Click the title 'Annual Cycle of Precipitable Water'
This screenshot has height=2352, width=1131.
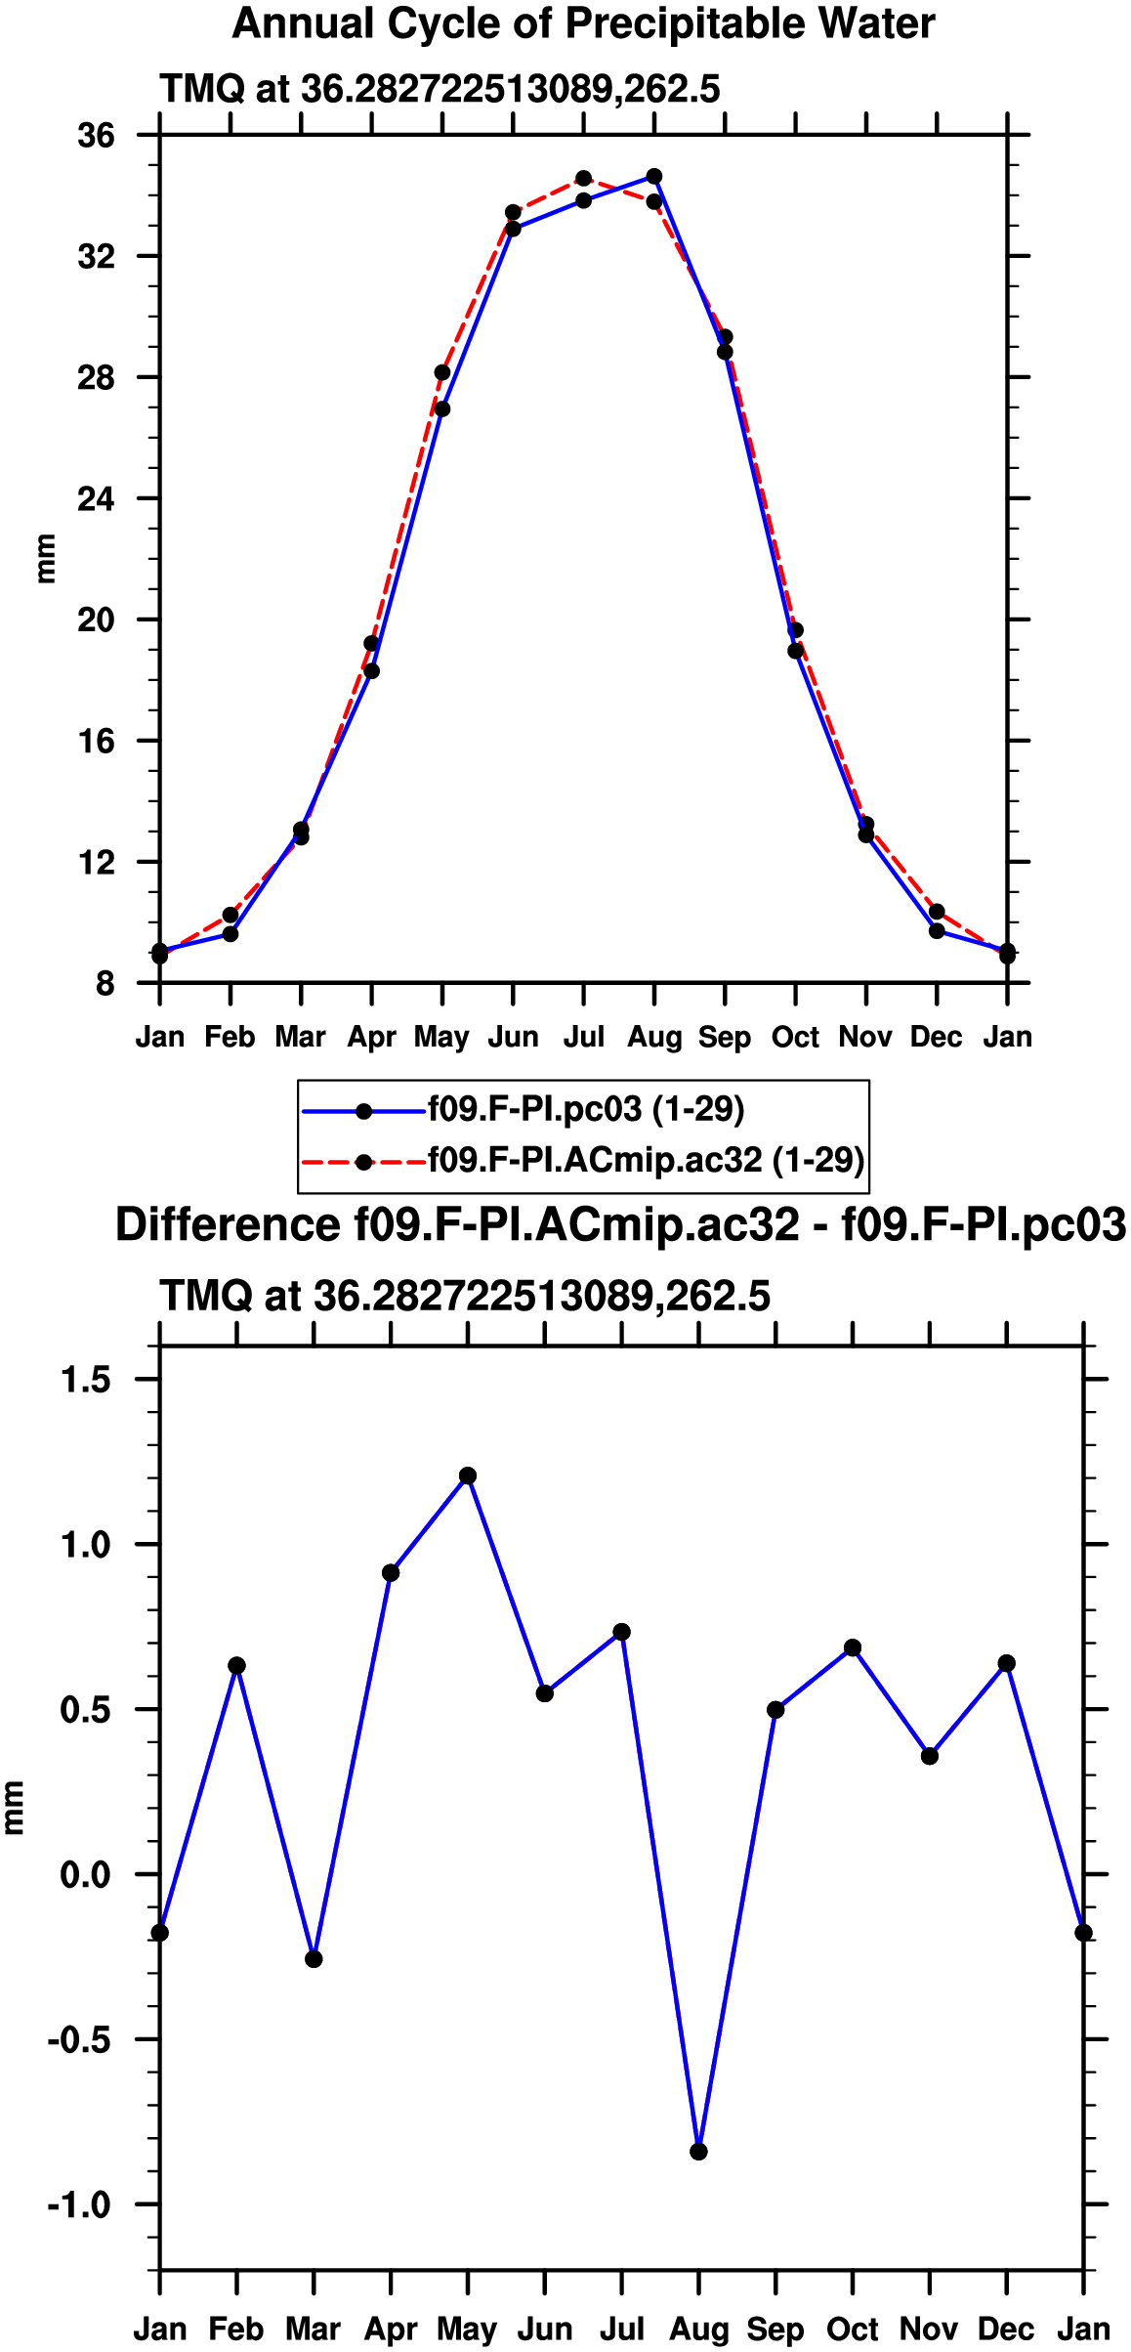pos(583,24)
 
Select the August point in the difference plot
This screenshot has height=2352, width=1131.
pos(698,2152)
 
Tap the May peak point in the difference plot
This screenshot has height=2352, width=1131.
pos(468,1475)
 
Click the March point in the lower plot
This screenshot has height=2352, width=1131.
pos(314,1959)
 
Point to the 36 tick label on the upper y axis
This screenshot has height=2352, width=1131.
pos(97,135)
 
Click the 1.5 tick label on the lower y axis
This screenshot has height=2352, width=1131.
pos(86,1379)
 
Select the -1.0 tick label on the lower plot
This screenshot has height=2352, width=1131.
pos(79,2204)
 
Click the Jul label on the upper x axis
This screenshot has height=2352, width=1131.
pos(584,1037)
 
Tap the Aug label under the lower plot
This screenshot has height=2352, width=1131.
pos(698,2330)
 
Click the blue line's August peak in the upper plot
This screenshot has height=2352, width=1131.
pos(654,177)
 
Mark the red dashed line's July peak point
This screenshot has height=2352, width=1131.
pos(583,179)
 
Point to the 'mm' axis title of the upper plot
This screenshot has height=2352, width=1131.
pos(45,559)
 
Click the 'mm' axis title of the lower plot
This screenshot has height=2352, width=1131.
pos(13,1807)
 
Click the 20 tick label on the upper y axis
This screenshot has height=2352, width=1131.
pos(97,620)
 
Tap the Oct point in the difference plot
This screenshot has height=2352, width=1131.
pos(853,1647)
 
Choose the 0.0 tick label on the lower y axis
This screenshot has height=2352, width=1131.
pos(86,1874)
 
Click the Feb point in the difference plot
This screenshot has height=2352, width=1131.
pos(236,1665)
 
